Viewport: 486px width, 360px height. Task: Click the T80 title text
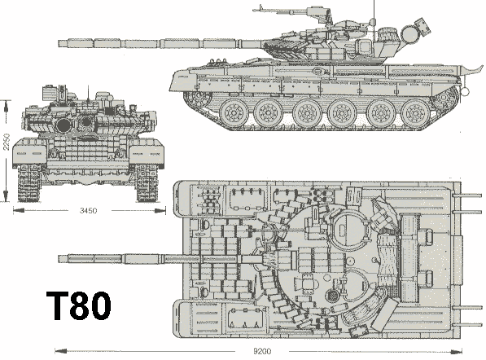(x=79, y=305)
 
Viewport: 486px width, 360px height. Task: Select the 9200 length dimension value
(x=262, y=351)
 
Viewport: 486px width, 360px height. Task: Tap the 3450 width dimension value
(x=89, y=211)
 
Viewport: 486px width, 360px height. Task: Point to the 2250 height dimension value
(x=7, y=142)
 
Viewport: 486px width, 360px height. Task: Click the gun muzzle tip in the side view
(x=59, y=43)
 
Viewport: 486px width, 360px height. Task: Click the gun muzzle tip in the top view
(x=59, y=259)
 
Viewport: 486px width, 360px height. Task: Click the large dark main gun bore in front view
(x=63, y=125)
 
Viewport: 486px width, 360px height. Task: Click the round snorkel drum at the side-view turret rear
(x=410, y=33)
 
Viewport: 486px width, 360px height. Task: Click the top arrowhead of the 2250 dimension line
(x=6, y=106)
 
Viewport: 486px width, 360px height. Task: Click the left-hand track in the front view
(x=29, y=183)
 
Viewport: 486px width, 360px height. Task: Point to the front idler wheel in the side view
(x=199, y=98)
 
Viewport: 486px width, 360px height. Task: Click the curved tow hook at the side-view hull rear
(x=471, y=72)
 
